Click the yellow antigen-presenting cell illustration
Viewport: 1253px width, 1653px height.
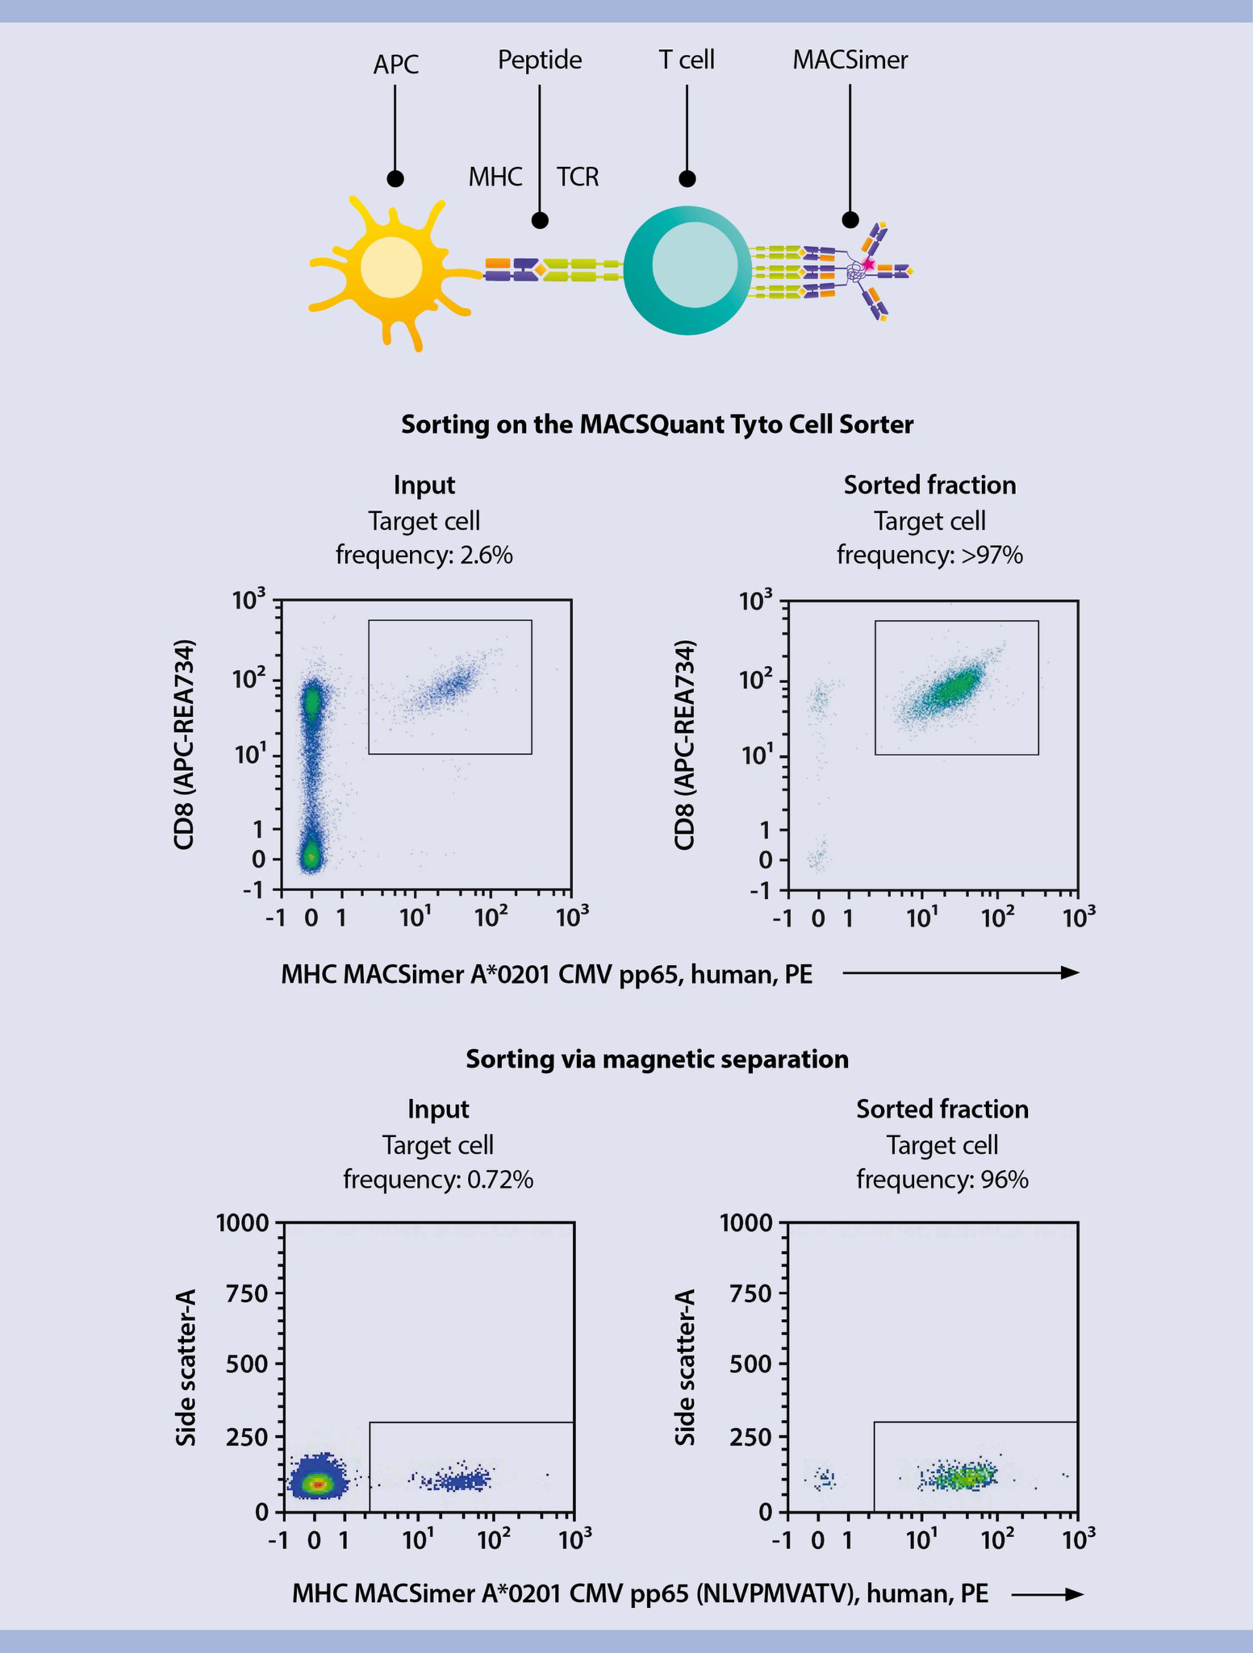[390, 269]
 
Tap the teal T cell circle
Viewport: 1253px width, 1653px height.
[687, 270]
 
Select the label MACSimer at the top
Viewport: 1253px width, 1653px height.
[850, 60]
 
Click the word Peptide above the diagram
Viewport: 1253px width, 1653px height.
[540, 60]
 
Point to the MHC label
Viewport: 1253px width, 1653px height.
[495, 177]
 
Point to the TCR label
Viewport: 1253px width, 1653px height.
[577, 177]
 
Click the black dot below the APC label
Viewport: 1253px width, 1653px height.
[395, 179]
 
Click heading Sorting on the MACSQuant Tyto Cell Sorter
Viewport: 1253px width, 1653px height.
[657, 425]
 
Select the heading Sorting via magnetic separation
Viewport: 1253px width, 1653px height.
[657, 1059]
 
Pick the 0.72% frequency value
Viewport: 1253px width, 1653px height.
[499, 1179]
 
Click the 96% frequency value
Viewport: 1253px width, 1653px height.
[1001, 1179]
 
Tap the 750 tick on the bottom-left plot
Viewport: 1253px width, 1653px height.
[247, 1293]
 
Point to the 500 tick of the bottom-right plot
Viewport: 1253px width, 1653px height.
[750, 1364]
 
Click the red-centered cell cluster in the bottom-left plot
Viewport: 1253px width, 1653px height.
[318, 1484]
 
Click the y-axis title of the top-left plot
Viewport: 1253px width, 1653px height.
[184, 744]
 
